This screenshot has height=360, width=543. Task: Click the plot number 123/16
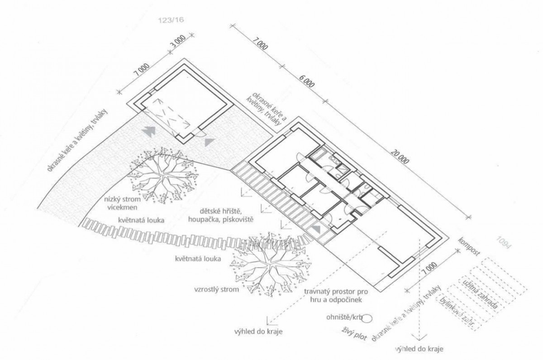click(171, 19)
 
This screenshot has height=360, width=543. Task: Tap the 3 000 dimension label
click(178, 42)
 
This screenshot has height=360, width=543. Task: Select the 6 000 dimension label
click(307, 81)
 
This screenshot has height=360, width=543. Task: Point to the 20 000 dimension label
click(400, 157)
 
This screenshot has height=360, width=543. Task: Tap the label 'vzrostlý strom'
click(216, 289)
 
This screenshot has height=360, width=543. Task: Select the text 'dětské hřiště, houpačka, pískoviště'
click(221, 216)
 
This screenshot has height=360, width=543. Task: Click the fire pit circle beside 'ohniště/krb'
click(367, 318)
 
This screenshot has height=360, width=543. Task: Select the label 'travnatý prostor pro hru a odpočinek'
click(336, 296)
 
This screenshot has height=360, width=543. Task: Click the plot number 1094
click(504, 242)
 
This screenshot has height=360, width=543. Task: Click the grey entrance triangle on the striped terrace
click(316, 229)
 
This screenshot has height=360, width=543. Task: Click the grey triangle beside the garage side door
click(209, 142)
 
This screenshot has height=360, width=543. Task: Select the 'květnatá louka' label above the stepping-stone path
click(141, 220)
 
